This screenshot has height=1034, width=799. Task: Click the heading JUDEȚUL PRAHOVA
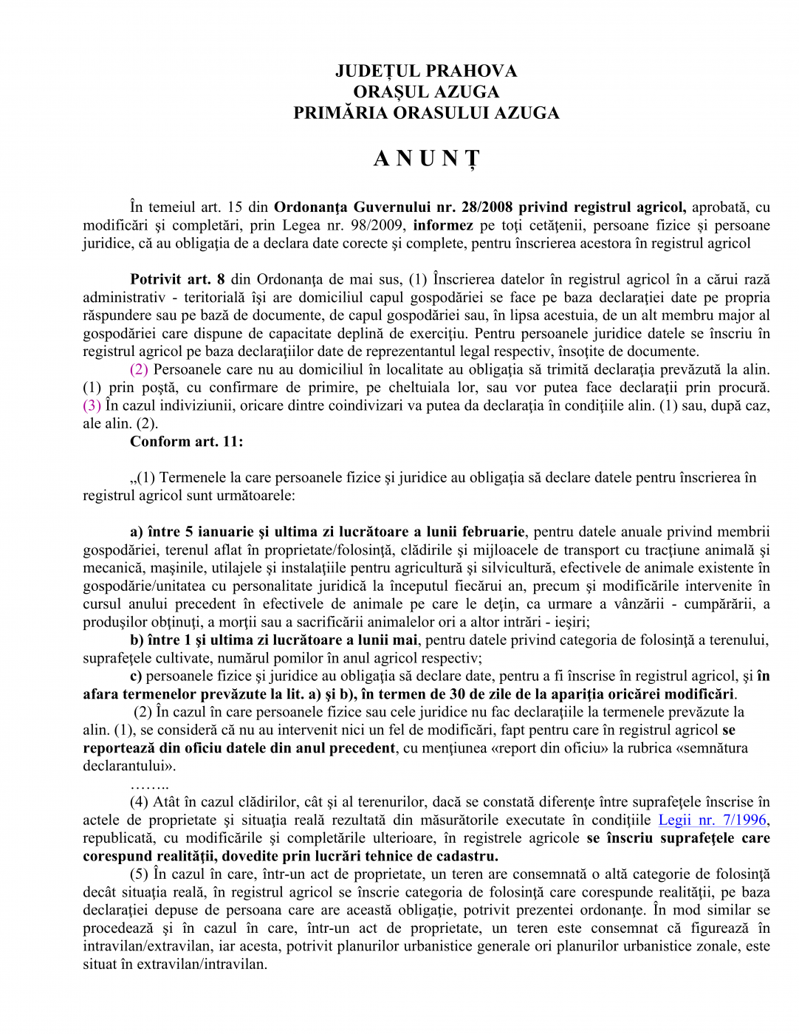pyautogui.click(x=425, y=71)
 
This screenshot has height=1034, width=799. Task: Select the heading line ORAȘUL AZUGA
pyautogui.click(x=425, y=92)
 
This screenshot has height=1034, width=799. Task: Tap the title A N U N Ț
pyautogui.click(x=426, y=159)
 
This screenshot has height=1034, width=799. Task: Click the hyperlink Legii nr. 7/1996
pyautogui.click(x=712, y=820)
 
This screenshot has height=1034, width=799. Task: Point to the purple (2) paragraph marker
pyautogui.click(x=139, y=369)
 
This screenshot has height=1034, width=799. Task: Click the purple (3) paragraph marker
pyautogui.click(x=92, y=405)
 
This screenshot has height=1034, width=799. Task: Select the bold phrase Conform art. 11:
pyautogui.click(x=186, y=442)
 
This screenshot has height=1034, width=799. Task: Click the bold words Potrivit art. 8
pyautogui.click(x=177, y=279)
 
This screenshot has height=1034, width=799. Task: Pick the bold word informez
pyautogui.click(x=443, y=225)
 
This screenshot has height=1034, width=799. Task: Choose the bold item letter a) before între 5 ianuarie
pyautogui.click(x=136, y=532)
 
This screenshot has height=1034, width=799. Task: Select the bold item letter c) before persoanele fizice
pyautogui.click(x=136, y=676)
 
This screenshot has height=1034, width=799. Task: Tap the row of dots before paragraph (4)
pyautogui.click(x=149, y=784)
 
